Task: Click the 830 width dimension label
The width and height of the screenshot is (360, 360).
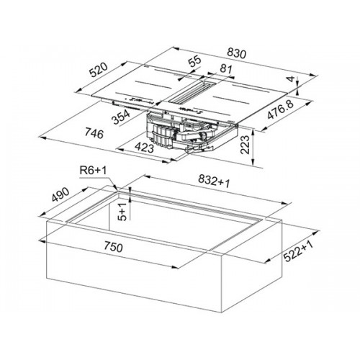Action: tap(237, 53)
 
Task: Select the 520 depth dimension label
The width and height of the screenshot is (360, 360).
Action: tap(99, 70)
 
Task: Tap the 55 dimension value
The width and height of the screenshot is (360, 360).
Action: tap(194, 61)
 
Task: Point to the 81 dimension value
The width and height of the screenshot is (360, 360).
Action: tap(226, 69)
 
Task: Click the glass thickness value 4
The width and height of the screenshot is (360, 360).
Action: tap(291, 79)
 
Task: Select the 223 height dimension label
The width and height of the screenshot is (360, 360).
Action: tap(246, 145)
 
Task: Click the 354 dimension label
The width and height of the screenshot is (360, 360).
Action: tap(121, 117)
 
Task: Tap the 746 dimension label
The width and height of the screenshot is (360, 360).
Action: tap(94, 133)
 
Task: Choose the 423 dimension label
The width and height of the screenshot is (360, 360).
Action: tap(144, 147)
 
